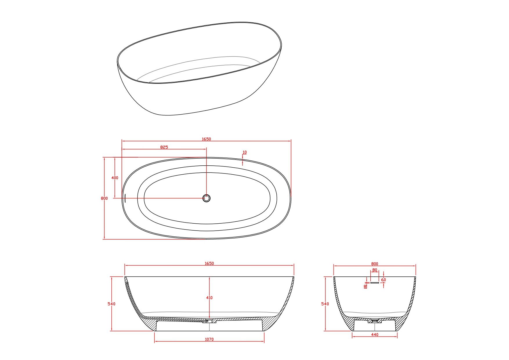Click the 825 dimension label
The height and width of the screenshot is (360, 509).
tap(164, 147)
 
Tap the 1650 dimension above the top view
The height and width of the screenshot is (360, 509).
tap(206, 139)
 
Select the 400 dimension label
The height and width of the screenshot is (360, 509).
tap(115, 178)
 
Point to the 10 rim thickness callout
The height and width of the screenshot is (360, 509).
tap(244, 152)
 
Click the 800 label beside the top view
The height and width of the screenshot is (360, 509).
tap(104, 198)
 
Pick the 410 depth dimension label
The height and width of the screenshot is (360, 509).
tap(209, 298)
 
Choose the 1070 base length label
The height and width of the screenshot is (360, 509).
tap(209, 339)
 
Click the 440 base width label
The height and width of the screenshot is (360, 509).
tap(375, 335)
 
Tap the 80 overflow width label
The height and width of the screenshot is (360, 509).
tap(375, 270)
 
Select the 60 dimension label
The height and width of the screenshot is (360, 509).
tap(384, 280)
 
